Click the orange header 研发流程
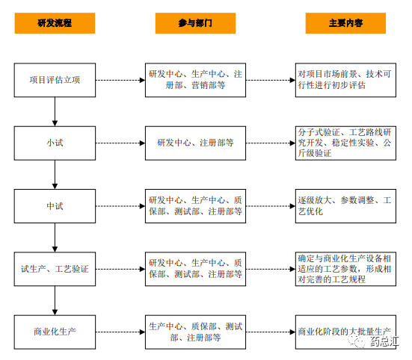(55, 23)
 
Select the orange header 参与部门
(195, 23)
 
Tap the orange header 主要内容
(345, 23)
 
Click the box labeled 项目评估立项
(55, 80)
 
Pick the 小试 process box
(55, 143)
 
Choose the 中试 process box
(55, 206)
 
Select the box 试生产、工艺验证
(55, 269)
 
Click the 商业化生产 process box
(55, 332)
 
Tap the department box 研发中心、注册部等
(195, 143)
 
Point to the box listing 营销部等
(195, 80)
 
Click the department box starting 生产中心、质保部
(195, 332)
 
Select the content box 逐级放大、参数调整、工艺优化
(345, 206)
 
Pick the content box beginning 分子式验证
(345, 143)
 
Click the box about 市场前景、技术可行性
(345, 80)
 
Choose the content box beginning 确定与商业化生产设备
(345, 269)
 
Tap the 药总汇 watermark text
(384, 341)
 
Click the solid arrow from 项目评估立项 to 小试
(55, 111)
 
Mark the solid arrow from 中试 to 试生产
(55, 238)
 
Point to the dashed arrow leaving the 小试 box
(120, 143)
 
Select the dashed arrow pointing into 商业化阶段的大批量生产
(271, 332)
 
